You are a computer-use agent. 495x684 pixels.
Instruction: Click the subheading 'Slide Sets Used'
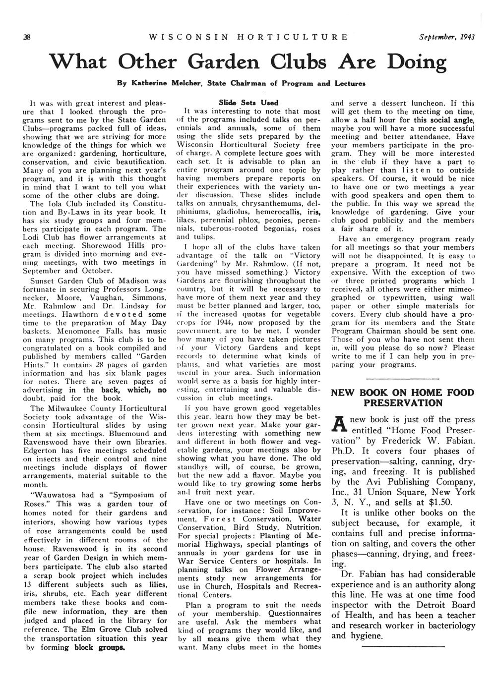coord(248,102)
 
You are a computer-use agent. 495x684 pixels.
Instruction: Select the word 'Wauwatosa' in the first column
coord(54,495)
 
